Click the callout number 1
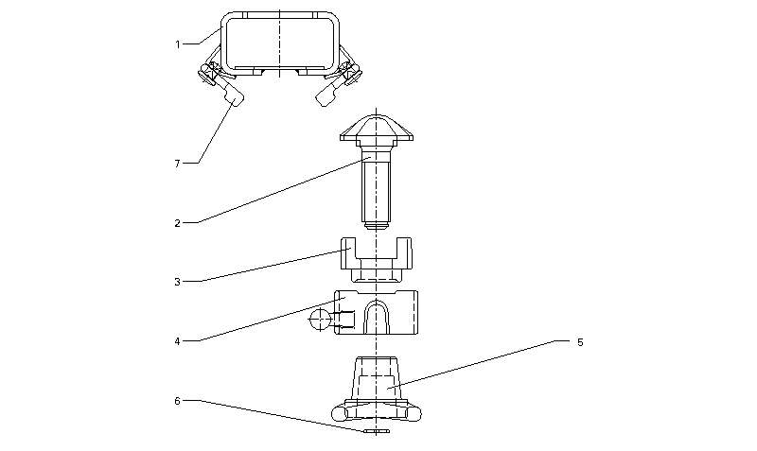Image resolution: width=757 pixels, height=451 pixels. [x=177, y=44]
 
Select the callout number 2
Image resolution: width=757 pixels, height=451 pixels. [x=177, y=223]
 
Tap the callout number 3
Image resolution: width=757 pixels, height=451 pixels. [x=177, y=282]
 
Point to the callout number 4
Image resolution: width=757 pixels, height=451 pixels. [x=177, y=341]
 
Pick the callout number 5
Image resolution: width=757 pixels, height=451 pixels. [x=580, y=342]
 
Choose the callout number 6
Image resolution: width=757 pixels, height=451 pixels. [x=177, y=401]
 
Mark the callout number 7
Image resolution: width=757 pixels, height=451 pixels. [x=177, y=164]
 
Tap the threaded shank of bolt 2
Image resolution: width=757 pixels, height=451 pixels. [x=377, y=191]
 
